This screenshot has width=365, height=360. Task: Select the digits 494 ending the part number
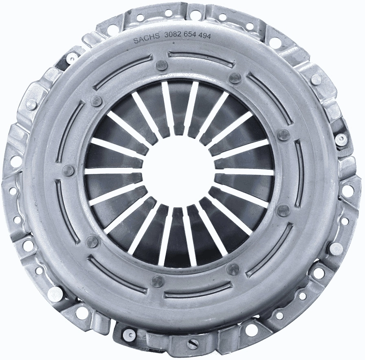pos(208,36)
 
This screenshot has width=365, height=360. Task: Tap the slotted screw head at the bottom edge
pos(193,344)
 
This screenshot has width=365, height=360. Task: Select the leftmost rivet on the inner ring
pos(69,170)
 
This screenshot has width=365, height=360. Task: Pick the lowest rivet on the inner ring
pos(157,281)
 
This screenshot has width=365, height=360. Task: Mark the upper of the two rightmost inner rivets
pos(283,135)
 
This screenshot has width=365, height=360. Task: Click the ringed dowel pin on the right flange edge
pos(341,140)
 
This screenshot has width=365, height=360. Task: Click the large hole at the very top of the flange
pos(195,15)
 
